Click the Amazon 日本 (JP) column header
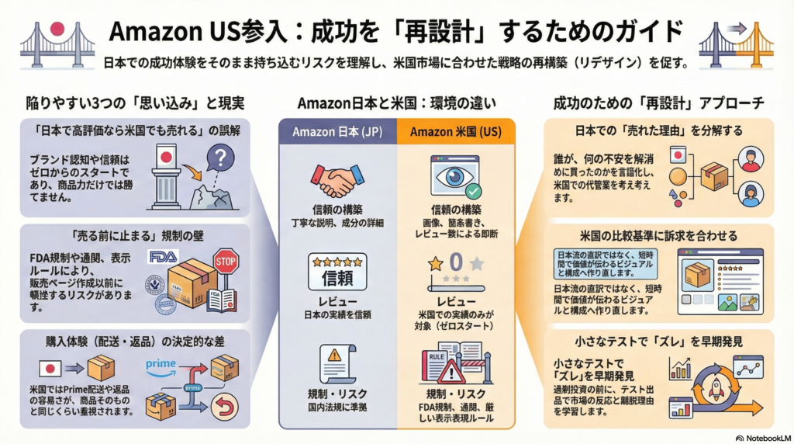(x=336, y=131)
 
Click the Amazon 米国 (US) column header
(x=456, y=131)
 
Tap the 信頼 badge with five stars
(x=337, y=271)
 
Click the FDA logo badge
(x=163, y=256)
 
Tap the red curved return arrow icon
(x=226, y=404)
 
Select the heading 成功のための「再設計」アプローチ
(x=658, y=103)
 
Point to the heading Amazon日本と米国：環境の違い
(x=396, y=103)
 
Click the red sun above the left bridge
(x=57, y=29)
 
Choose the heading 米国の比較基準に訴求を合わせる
(x=656, y=235)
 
